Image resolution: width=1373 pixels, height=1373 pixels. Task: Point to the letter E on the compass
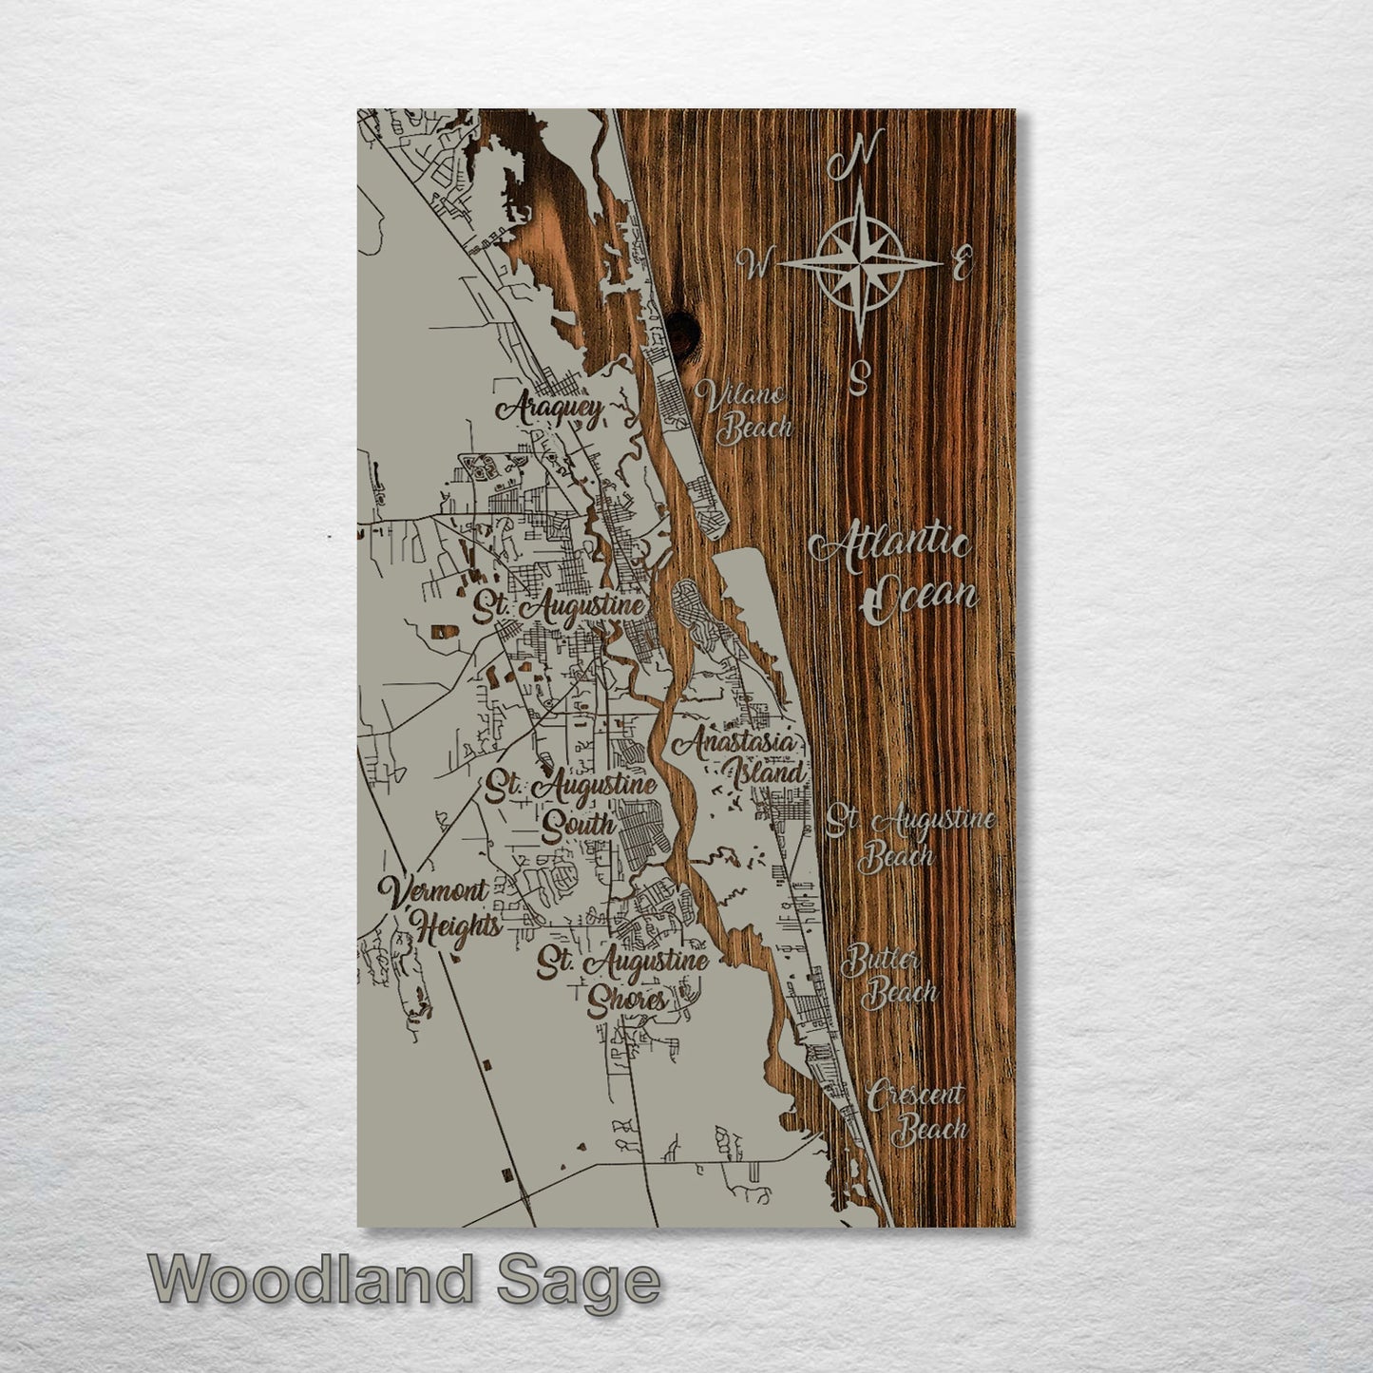click(x=962, y=263)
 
